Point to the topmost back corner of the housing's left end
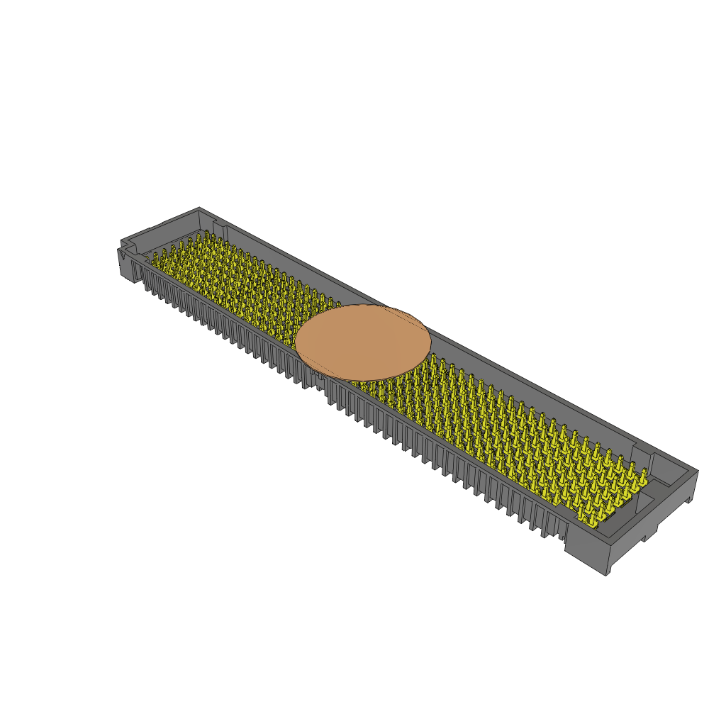[x=199, y=208]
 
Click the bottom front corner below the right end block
[x=606, y=574]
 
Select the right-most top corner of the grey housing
[x=698, y=470]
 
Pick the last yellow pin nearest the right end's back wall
[x=643, y=473]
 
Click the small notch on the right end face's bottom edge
[x=647, y=538]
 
